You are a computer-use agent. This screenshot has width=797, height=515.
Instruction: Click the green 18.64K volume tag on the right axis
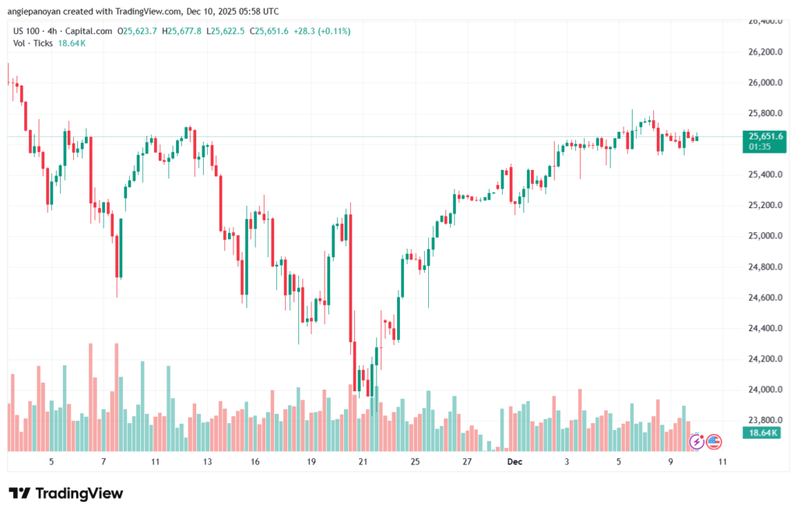point(763,432)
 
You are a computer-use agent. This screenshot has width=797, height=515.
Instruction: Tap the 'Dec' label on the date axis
point(514,461)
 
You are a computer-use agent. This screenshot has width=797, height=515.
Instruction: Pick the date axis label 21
point(363,461)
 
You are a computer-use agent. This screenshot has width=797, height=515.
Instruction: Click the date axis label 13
point(207,461)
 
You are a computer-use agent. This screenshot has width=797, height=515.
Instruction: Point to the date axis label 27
point(466,461)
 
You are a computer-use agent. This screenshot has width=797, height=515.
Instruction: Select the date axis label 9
point(670,461)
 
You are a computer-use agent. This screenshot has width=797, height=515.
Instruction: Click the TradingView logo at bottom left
point(65,493)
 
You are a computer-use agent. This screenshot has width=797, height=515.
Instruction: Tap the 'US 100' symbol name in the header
point(28,31)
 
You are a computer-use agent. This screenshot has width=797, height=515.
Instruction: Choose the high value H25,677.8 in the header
point(181,31)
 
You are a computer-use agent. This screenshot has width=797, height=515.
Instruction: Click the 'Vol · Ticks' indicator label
point(33,43)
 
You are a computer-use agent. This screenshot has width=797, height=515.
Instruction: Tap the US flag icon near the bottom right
point(714,442)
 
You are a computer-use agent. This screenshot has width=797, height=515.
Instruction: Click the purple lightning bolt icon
point(697,442)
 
